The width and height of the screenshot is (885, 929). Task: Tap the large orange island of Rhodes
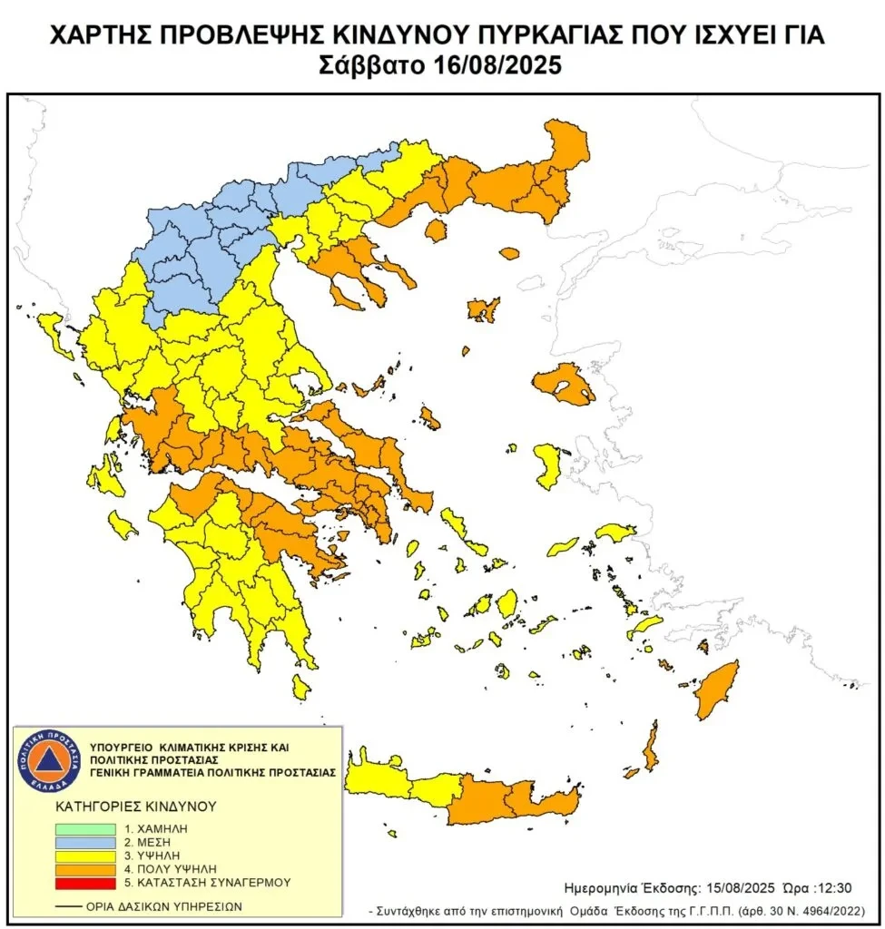[x=718, y=688]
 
